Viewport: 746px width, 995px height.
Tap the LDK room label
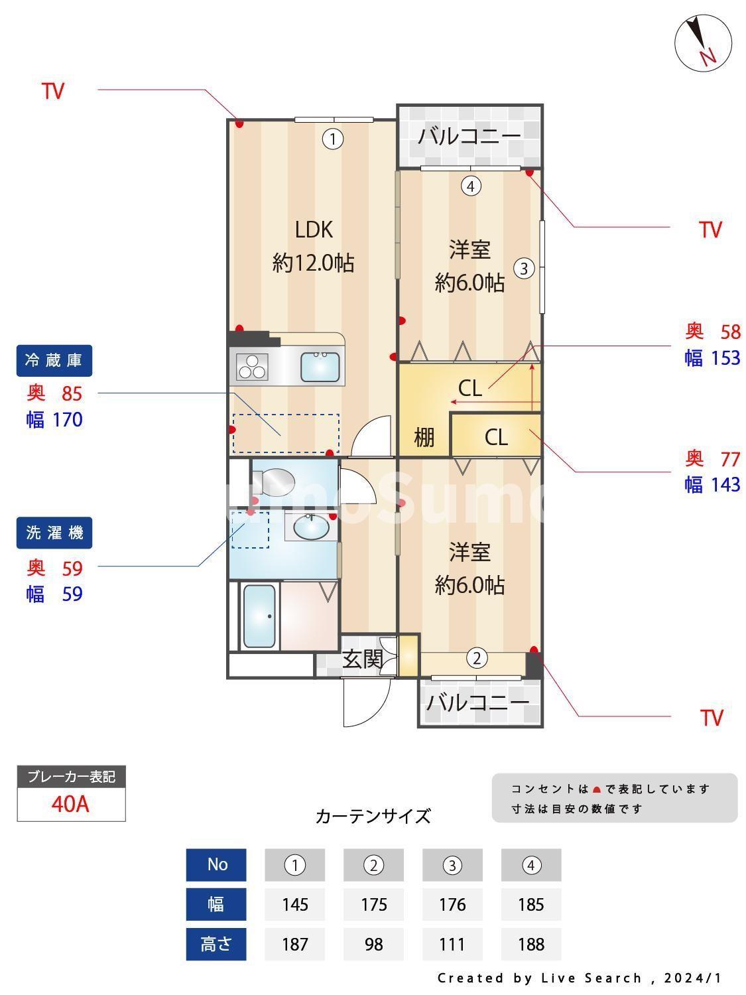click(314, 230)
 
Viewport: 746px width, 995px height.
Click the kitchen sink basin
click(320, 366)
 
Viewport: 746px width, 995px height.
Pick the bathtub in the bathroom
click(259, 616)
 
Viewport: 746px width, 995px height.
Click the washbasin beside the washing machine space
click(311, 527)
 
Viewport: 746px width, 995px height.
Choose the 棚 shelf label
click(424, 437)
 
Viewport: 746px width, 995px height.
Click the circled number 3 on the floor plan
click(524, 269)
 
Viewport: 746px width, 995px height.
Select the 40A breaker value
click(70, 804)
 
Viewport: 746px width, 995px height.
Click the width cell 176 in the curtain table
click(452, 904)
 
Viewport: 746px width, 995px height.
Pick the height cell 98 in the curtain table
click(374, 944)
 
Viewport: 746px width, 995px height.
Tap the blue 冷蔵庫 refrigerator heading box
click(54, 360)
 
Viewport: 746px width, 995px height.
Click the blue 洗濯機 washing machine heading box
click(54, 533)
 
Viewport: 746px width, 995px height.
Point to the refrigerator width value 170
click(68, 420)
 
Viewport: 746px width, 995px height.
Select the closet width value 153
click(725, 358)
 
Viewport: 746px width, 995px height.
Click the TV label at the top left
click(53, 91)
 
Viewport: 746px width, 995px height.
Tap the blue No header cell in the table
click(216, 865)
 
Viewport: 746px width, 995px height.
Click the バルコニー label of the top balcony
click(469, 135)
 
